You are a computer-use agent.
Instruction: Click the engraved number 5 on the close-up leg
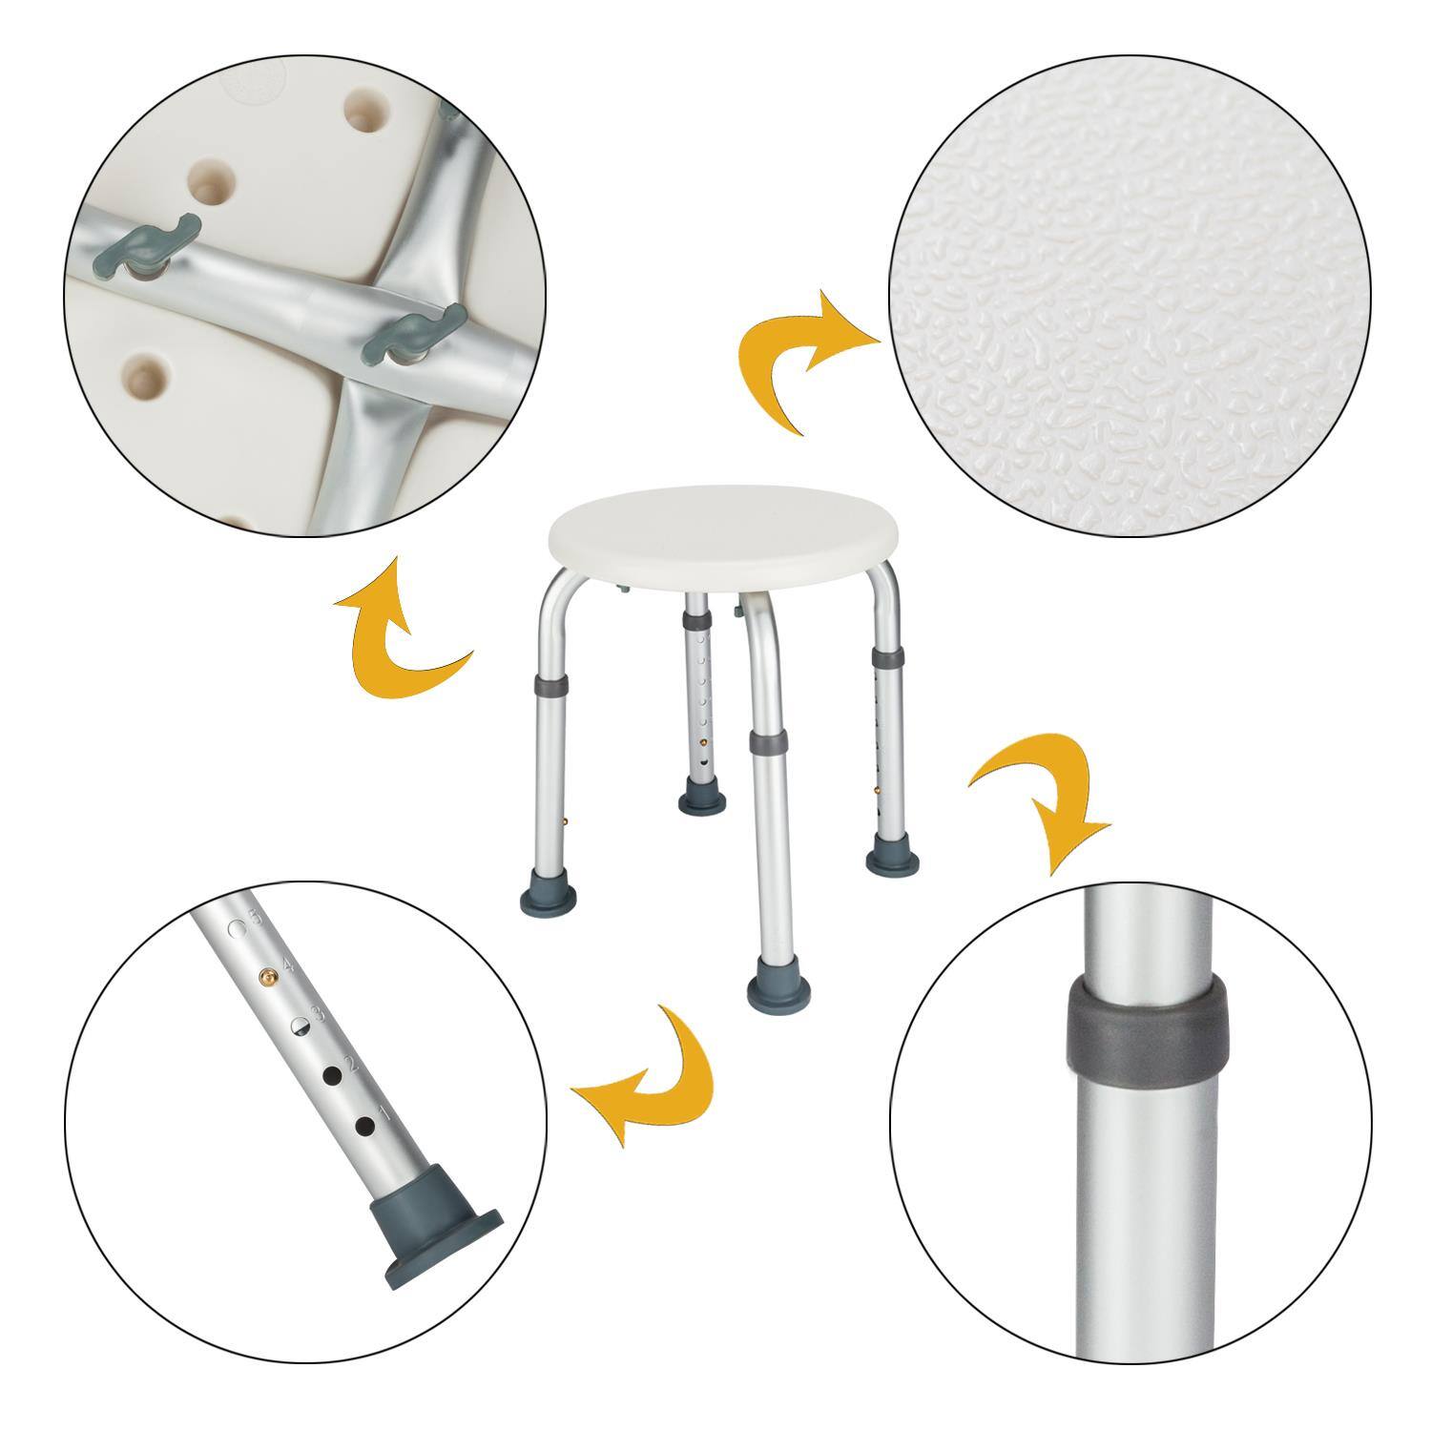pyautogui.click(x=253, y=922)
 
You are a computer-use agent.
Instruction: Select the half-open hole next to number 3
pyautogui.click(x=300, y=1026)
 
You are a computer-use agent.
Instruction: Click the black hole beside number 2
pyautogui.click(x=333, y=1075)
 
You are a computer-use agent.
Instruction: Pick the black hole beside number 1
pyautogui.click(x=363, y=1126)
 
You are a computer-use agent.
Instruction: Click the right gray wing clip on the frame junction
pyautogui.click(x=412, y=333)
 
